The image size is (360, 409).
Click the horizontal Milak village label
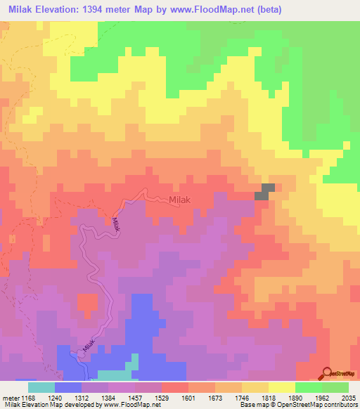pos(180,200)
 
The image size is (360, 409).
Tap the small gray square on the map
pos(266,191)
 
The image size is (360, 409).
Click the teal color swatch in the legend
pos(41,387)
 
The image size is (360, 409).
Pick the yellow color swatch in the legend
pos(281,387)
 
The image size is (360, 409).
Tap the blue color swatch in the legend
pos(67,387)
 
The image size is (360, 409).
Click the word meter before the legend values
pos(10,397)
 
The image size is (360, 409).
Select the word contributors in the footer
pos(340,405)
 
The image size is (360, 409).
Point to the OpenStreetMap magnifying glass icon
pos(325,372)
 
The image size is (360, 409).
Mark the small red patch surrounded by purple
pos(87,304)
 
